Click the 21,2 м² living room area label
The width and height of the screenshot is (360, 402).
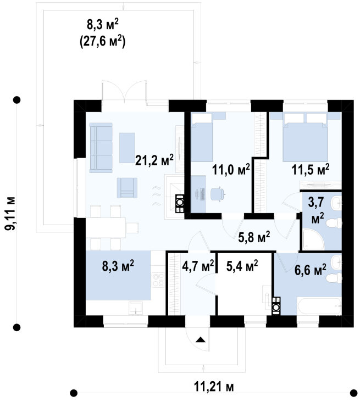coord(154,159)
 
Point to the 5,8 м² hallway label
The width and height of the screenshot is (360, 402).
coord(254,237)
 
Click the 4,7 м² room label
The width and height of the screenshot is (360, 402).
coord(198,266)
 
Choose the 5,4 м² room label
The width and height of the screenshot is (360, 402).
coord(242,266)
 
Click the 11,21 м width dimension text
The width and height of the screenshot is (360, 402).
coord(214,387)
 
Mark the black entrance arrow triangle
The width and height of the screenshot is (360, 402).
coord(201,339)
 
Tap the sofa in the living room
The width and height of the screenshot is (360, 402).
coord(101,146)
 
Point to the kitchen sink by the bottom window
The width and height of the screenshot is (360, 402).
coord(135,308)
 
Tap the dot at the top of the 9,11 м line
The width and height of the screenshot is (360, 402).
coord(17,100)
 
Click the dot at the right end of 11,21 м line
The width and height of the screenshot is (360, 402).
coord(352,392)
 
